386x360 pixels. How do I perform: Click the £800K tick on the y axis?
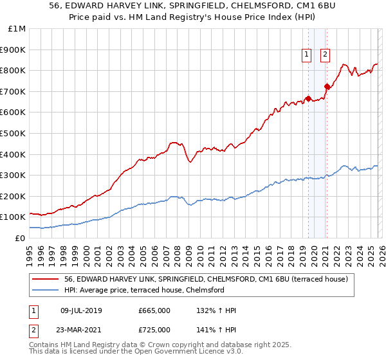[13, 70]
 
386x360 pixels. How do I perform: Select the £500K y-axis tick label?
[13, 133]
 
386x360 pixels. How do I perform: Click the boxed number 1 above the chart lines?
[308, 55]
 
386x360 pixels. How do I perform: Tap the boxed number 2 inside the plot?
[326, 55]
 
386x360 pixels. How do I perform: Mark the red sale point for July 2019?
[308, 98]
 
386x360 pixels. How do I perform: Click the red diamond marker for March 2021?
[327, 85]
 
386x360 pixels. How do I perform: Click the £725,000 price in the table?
[154, 330]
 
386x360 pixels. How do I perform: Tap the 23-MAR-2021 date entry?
[81, 330]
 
